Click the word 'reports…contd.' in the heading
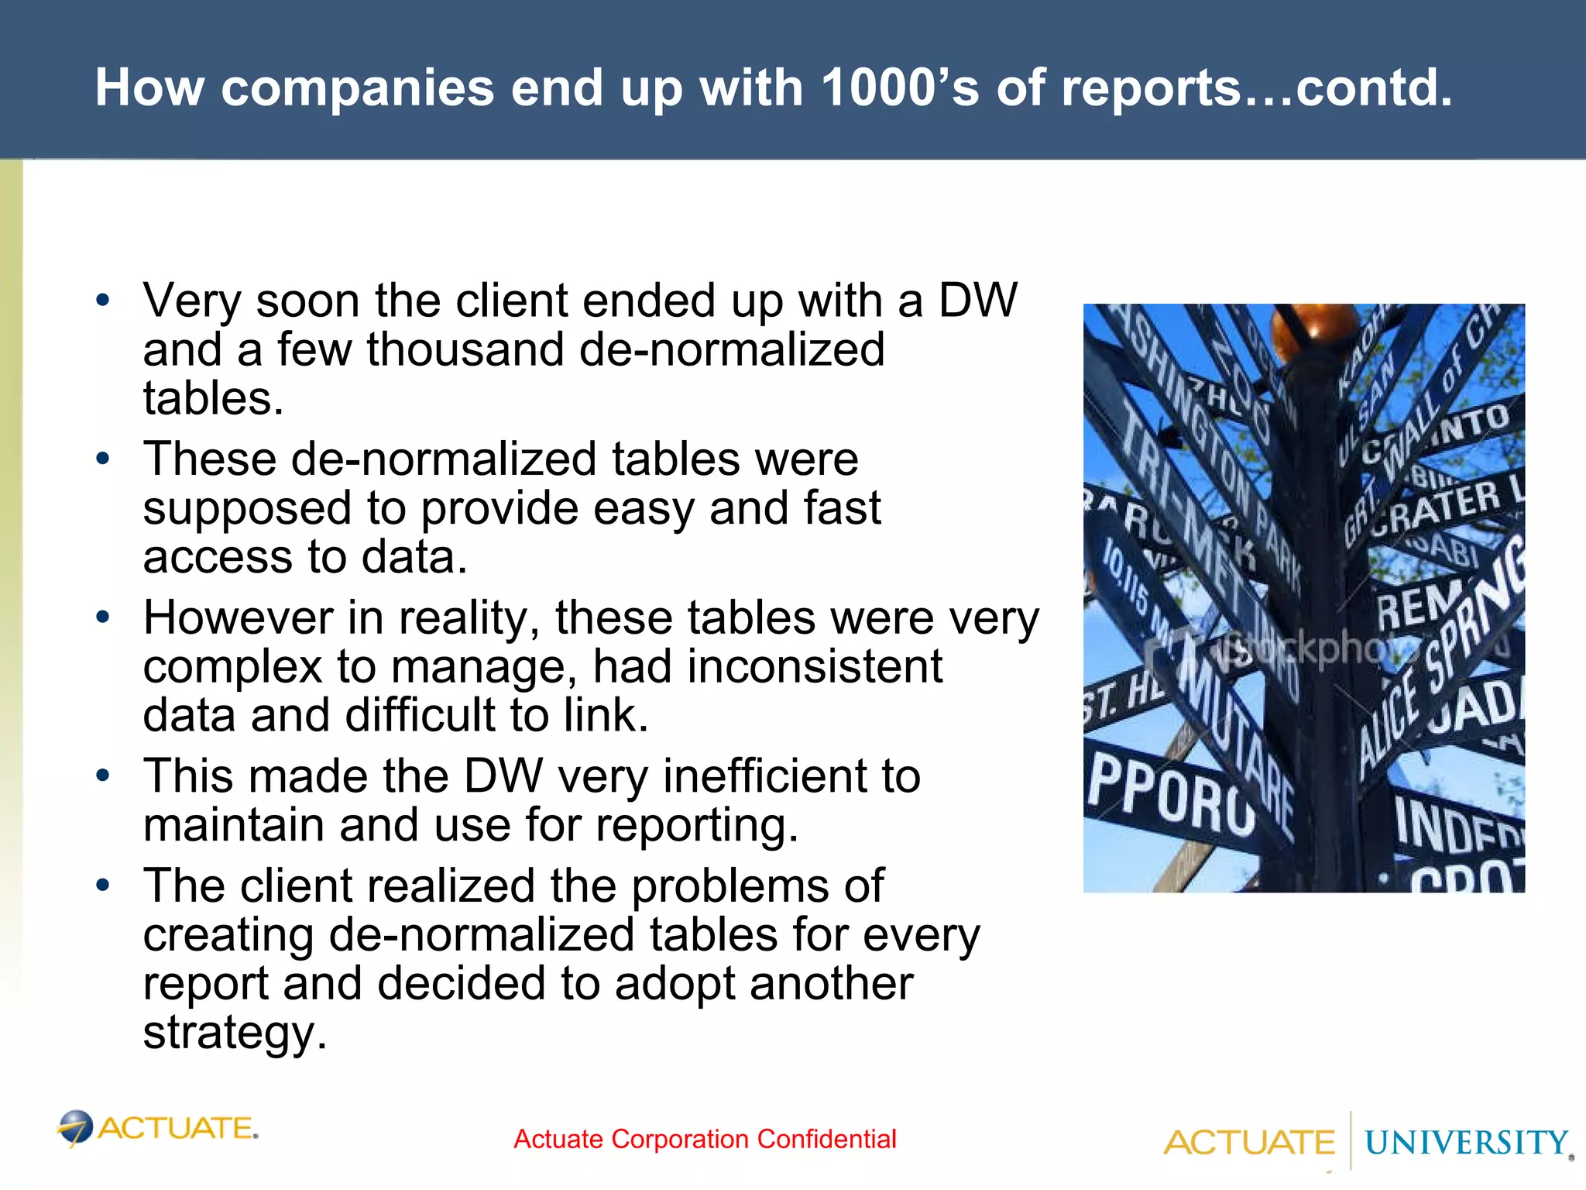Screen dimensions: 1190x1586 click(1256, 88)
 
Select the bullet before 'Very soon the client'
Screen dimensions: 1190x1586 click(103, 301)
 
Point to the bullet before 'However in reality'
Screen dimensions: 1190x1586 click(103, 617)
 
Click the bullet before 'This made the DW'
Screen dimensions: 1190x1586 click(103, 776)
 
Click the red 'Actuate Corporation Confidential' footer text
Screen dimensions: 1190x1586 click(705, 1139)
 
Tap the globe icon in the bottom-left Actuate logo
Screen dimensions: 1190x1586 click(76, 1127)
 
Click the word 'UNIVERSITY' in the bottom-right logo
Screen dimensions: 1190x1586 click(1465, 1143)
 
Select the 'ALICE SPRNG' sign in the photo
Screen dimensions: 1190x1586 click(1440, 659)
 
